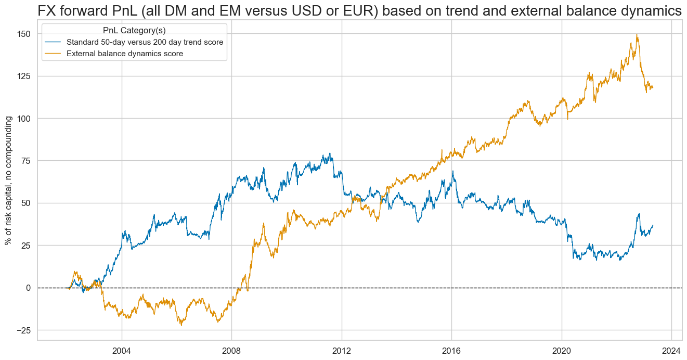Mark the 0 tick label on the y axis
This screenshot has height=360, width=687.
click(x=28, y=288)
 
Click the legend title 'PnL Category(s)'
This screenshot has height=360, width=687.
click(x=134, y=31)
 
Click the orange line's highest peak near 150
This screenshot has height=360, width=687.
click(x=637, y=35)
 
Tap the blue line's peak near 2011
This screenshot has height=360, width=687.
click(x=330, y=153)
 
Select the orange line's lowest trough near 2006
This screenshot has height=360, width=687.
click(x=182, y=325)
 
